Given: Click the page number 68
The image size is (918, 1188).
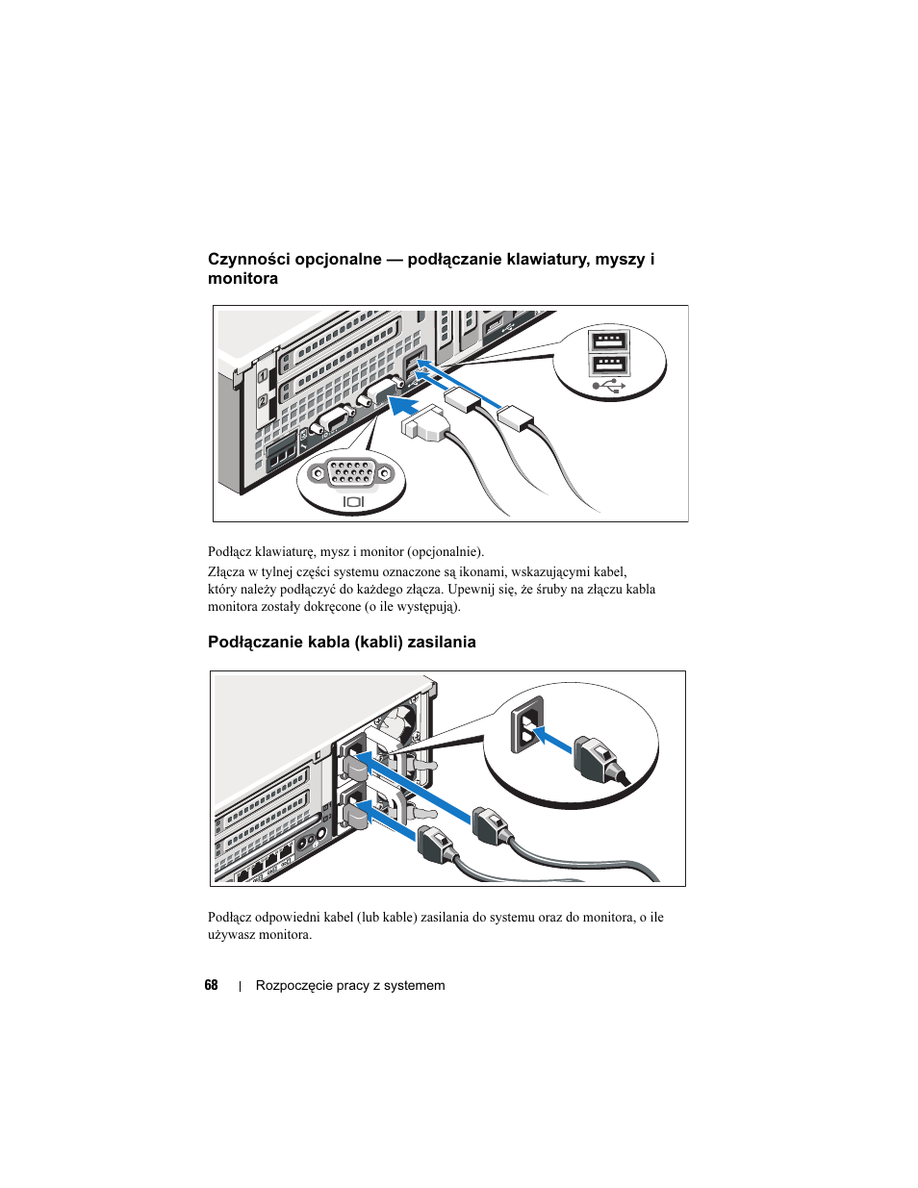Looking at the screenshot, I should point(211,985).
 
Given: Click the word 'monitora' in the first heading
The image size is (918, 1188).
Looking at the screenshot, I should point(242,279).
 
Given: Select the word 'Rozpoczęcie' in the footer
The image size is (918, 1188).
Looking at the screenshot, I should point(293,985).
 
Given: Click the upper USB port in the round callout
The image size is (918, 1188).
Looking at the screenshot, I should point(608,342).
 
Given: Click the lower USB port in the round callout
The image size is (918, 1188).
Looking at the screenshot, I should point(608,365).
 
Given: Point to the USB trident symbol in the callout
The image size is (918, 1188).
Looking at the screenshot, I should point(609,386).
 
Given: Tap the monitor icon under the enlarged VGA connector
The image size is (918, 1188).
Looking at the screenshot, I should point(353,501).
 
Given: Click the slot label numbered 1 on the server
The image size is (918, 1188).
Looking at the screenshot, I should point(262,376).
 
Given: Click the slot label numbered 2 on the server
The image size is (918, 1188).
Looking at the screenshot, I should point(262,401).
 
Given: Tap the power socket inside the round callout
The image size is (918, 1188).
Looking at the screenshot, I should point(526,724).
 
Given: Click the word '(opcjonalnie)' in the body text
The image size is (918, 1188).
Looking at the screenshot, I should point(445,552).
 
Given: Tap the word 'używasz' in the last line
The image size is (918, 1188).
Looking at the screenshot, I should point(232,935).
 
